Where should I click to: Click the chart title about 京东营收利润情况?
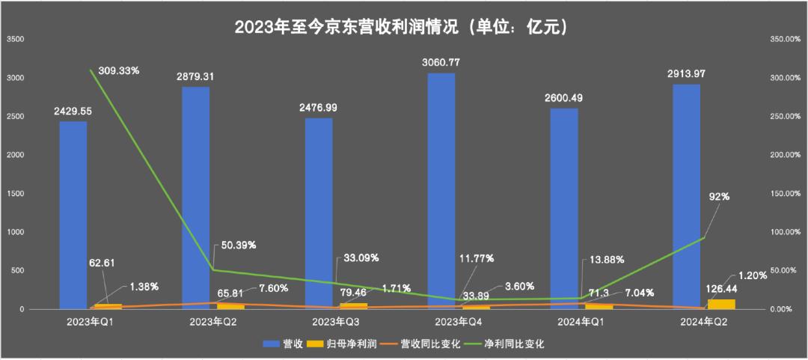[x=403, y=27]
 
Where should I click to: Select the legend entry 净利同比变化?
[x=510, y=344]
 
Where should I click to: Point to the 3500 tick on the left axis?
[x=15, y=39]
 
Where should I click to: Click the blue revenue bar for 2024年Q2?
[x=687, y=195]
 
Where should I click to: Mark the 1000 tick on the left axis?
[x=15, y=232]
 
